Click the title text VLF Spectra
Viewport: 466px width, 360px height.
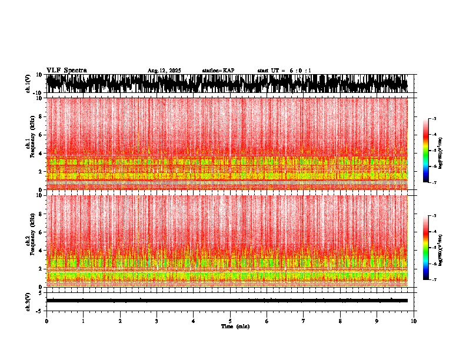[x=66, y=70]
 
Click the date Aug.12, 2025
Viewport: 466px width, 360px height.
[x=164, y=71]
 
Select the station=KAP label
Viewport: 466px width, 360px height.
[x=218, y=71]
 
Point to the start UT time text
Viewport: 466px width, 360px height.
[x=284, y=71]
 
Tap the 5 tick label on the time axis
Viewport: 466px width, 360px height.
[x=230, y=321]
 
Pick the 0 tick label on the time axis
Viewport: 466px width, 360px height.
[x=46, y=321]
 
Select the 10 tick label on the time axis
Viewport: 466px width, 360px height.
[x=414, y=321]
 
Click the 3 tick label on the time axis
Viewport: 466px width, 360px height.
[x=157, y=321]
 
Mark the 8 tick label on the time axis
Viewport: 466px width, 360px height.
[x=340, y=321]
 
